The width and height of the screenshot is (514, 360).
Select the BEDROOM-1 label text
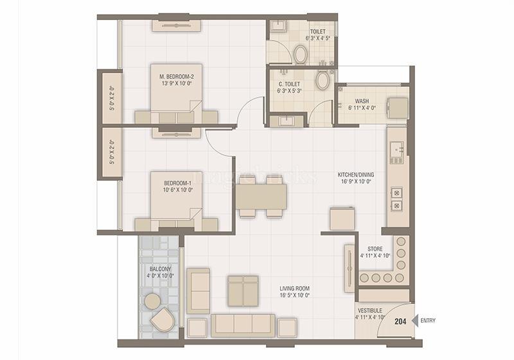[x=177, y=186]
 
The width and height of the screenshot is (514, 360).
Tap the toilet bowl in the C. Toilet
[x=323, y=80]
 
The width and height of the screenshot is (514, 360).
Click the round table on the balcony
[x=152, y=301]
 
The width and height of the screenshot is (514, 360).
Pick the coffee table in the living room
[x=244, y=291]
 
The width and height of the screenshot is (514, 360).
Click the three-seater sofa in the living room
[x=244, y=325]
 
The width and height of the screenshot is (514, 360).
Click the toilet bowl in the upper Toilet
[x=300, y=55]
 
